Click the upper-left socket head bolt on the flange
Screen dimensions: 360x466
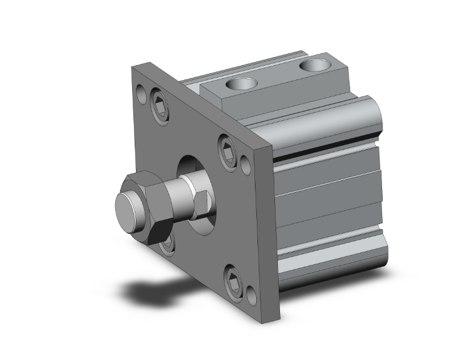click(x=160, y=104)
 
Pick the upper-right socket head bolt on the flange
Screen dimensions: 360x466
click(x=227, y=150)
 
